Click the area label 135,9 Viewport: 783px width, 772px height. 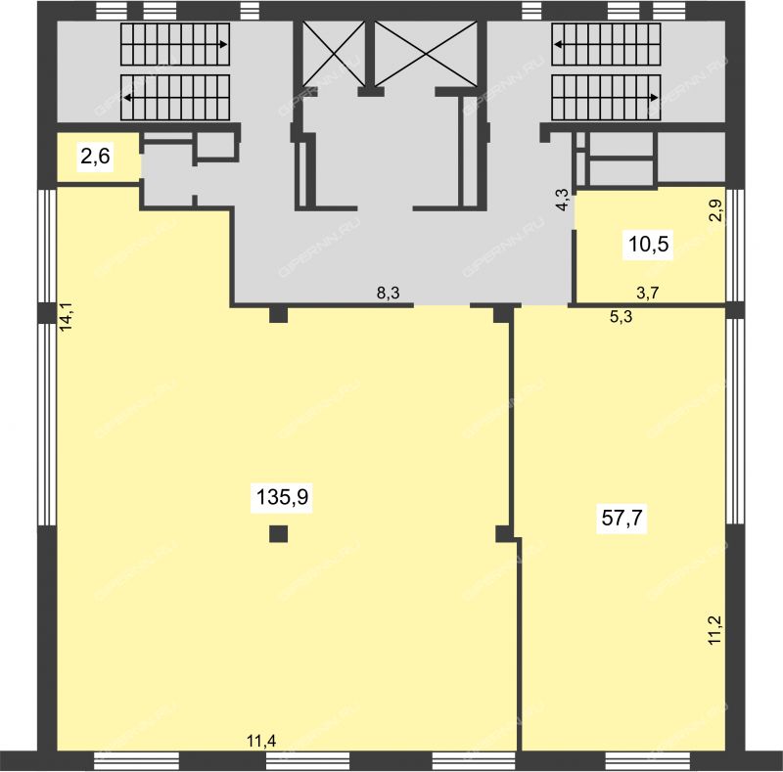(x=282, y=497)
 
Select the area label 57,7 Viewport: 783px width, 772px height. (x=622, y=519)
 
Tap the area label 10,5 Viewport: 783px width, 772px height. (x=648, y=245)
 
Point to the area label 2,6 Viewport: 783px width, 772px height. (x=95, y=157)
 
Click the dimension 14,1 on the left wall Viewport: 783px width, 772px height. (x=67, y=316)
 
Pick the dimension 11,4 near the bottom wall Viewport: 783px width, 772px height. (x=261, y=741)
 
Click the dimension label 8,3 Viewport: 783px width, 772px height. (x=388, y=293)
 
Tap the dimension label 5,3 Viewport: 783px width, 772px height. (x=621, y=317)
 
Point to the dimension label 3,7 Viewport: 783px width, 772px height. (x=648, y=293)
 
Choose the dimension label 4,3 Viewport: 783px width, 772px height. (x=562, y=200)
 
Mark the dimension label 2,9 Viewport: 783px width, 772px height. (x=717, y=210)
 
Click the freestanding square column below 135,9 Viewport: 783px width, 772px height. (x=278, y=534)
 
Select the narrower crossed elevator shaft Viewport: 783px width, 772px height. (x=334, y=54)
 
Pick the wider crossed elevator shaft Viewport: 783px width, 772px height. (x=426, y=54)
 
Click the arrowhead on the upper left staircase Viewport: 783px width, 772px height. (x=224, y=44)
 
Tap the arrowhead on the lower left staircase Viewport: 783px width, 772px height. (x=127, y=98)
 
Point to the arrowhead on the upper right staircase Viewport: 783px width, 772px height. (x=558, y=44)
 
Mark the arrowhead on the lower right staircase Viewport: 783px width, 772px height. (x=655, y=98)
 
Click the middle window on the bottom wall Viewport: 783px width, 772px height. (x=307, y=761)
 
